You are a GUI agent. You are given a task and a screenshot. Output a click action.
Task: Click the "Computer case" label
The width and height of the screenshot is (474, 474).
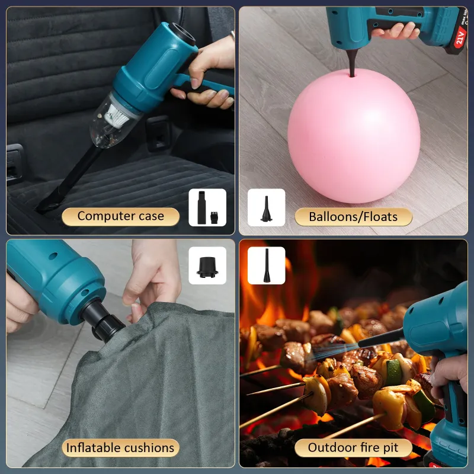[x=121, y=216]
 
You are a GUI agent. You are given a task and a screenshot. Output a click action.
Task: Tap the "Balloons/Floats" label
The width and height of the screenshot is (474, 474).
[x=353, y=217]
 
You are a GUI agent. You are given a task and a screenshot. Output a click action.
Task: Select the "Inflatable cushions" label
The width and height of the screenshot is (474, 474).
[x=120, y=448]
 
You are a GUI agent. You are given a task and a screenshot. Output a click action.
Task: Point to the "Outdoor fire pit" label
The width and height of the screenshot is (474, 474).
[x=353, y=447]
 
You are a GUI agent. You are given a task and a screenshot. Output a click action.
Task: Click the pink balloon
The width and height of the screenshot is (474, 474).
[x=354, y=136]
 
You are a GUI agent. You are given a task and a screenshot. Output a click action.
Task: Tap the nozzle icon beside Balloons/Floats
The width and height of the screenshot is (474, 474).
[x=266, y=207]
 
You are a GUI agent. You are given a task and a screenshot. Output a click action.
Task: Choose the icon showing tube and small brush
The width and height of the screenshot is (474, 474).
[x=207, y=207]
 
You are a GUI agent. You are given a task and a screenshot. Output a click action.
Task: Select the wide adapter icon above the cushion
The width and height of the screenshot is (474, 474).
[x=207, y=265]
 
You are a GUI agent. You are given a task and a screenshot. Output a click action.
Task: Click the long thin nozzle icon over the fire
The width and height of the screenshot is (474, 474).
[x=266, y=265]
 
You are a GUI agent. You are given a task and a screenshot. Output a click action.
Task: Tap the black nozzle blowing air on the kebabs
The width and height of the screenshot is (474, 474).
[x=381, y=338]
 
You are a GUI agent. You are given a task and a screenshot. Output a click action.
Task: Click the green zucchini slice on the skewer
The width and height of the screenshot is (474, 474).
[x=393, y=371]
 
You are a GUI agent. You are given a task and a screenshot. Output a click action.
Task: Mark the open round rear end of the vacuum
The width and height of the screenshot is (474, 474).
[x=184, y=34]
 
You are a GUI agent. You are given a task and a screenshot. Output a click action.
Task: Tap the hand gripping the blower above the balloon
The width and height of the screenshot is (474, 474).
[x=396, y=31]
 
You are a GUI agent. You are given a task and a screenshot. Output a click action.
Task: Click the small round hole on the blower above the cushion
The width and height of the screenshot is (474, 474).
[x=53, y=256]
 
